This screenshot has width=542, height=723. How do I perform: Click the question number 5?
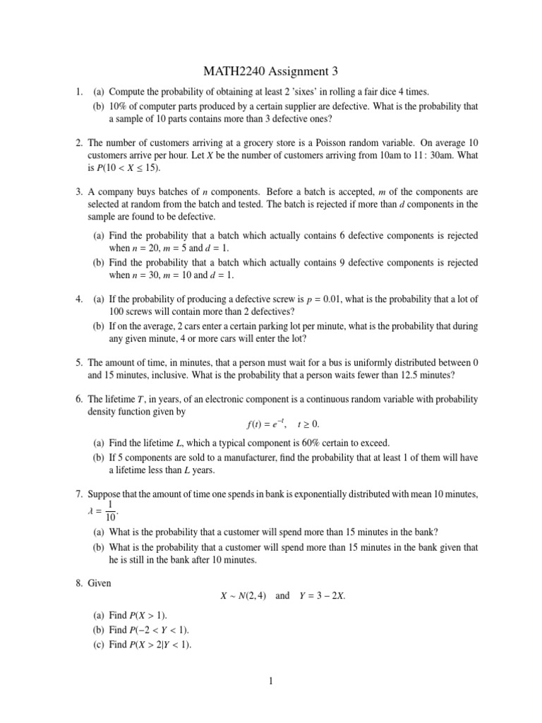(x=79, y=362)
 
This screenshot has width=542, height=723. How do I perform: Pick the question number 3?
(x=79, y=191)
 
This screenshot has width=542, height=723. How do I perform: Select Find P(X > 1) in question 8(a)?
(x=138, y=616)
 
